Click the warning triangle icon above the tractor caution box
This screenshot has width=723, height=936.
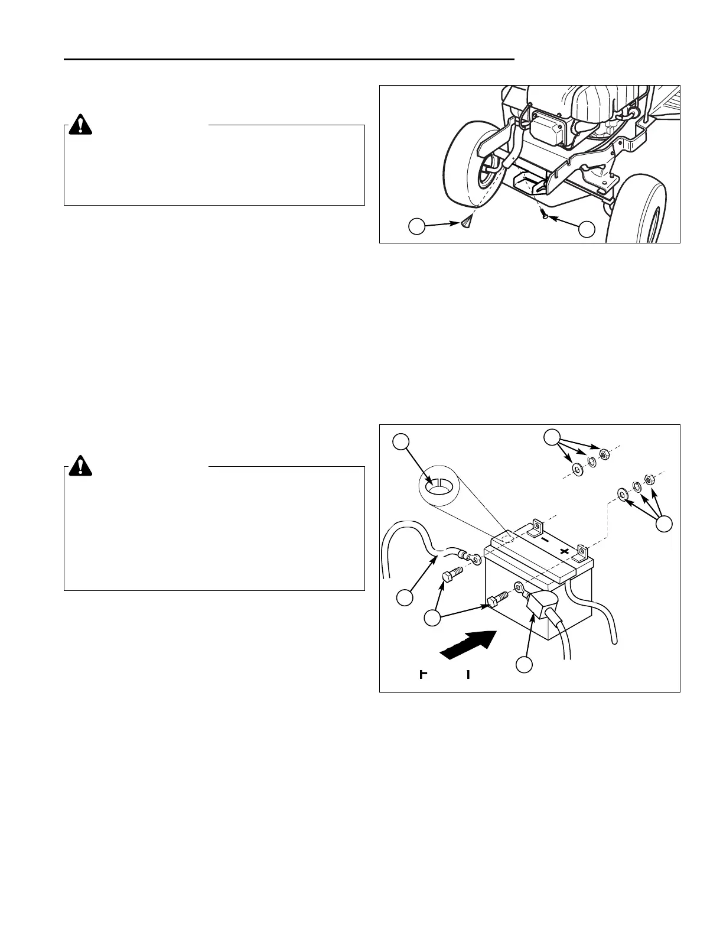point(80,125)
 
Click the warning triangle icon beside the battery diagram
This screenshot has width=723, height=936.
point(80,466)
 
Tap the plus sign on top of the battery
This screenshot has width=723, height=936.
point(565,552)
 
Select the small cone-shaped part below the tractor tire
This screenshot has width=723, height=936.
point(466,222)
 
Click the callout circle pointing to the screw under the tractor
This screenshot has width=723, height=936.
point(586,229)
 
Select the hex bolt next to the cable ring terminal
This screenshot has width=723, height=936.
point(450,576)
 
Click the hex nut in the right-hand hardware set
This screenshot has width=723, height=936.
point(649,479)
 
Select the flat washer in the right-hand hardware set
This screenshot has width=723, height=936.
point(622,493)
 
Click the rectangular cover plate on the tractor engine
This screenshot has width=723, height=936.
point(546,126)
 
